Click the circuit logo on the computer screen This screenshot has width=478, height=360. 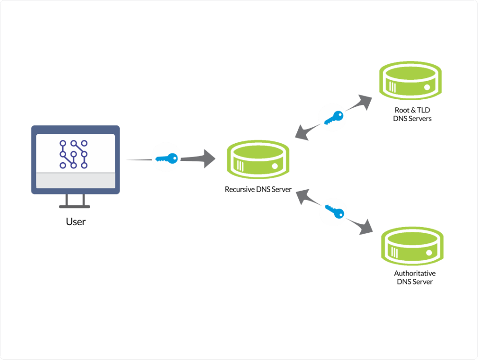click(x=74, y=153)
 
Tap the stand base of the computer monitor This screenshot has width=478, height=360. click(x=75, y=206)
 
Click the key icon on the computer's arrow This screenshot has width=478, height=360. click(x=166, y=159)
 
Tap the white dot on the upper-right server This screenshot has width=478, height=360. click(x=427, y=87)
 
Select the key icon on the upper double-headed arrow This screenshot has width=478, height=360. click(x=333, y=117)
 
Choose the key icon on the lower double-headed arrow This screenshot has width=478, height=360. click(x=333, y=212)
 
